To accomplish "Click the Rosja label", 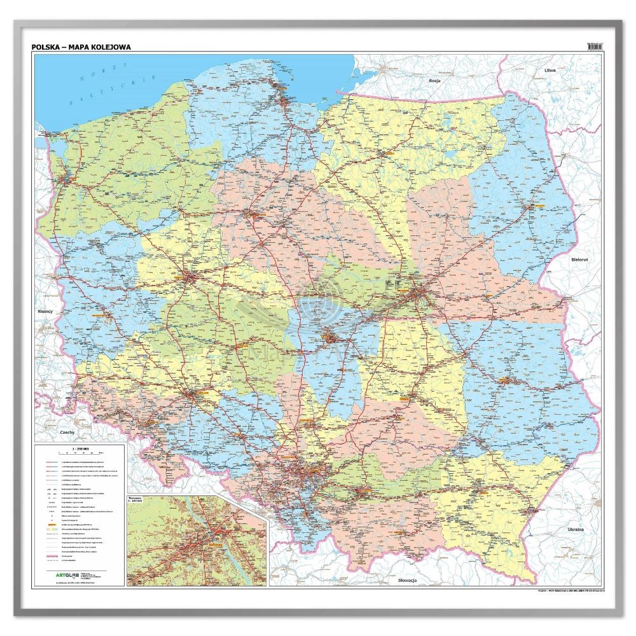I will coord(434,81).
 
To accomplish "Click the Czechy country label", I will coord(68,432).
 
